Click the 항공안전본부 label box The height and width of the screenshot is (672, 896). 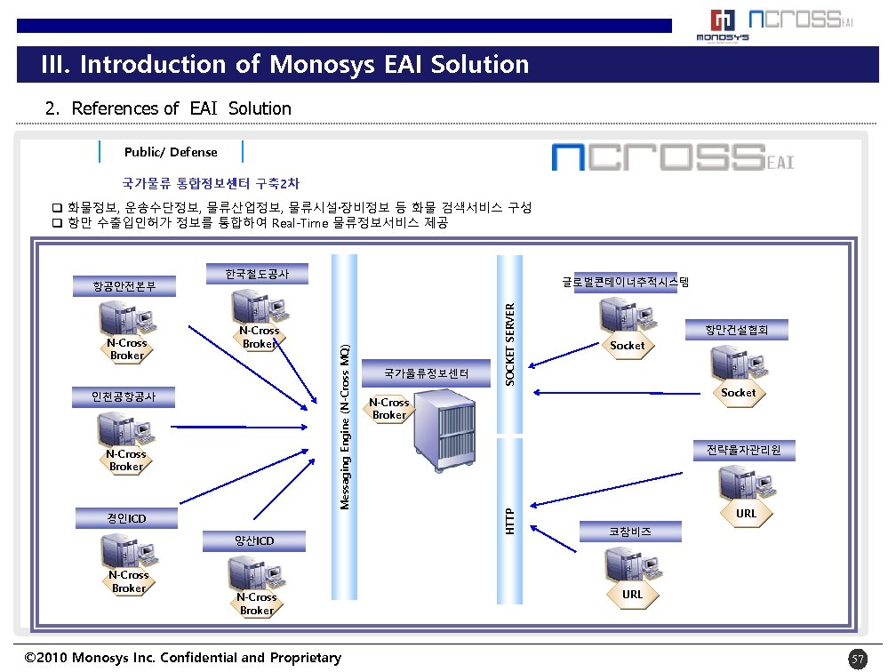pyautogui.click(x=124, y=286)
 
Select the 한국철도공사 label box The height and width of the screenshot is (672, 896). pyautogui.click(x=257, y=275)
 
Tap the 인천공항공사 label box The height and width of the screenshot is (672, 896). pyautogui.click(x=124, y=396)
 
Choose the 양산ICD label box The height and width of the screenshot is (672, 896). pyautogui.click(x=254, y=541)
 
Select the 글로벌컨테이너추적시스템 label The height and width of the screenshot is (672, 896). pyautogui.click(x=626, y=282)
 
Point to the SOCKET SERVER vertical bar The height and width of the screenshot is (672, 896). pyautogui.click(x=510, y=343)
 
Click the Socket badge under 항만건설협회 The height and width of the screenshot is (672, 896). pyautogui.click(x=738, y=393)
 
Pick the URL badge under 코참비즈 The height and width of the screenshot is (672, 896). pyautogui.click(x=632, y=594)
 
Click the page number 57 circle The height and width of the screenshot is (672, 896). pyautogui.click(x=857, y=659)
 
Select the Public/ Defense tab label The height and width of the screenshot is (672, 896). pyautogui.click(x=171, y=152)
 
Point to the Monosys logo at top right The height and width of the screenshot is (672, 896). pyautogui.click(x=722, y=26)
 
